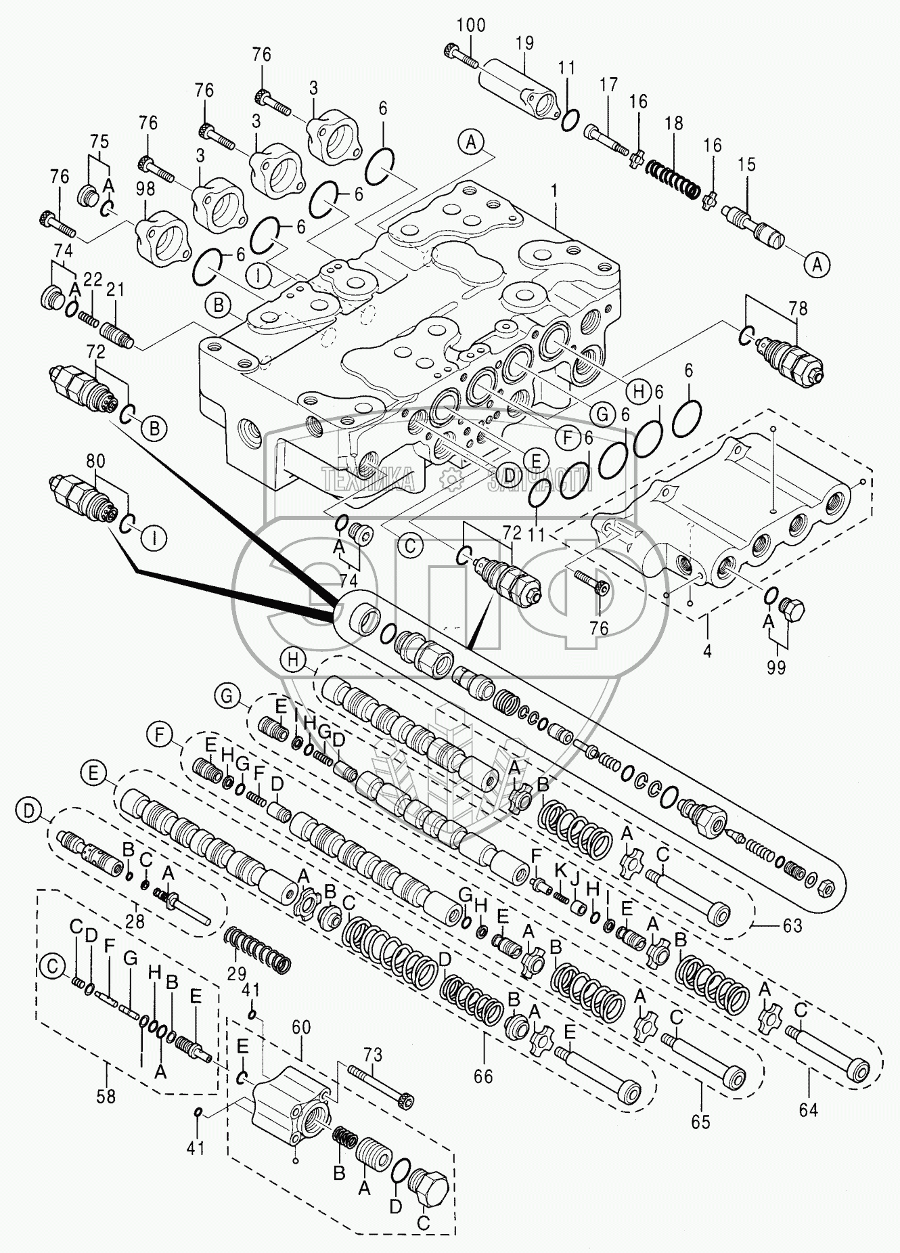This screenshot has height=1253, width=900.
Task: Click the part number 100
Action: point(470,26)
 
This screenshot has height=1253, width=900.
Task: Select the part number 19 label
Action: point(524,43)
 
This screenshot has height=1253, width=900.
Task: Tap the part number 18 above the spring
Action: point(673,124)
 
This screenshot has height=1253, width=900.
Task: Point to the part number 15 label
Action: point(746,164)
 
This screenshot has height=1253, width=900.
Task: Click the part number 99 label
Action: point(776,667)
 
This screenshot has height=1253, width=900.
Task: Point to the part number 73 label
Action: point(373,1055)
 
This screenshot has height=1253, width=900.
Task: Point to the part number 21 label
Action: point(116,290)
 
